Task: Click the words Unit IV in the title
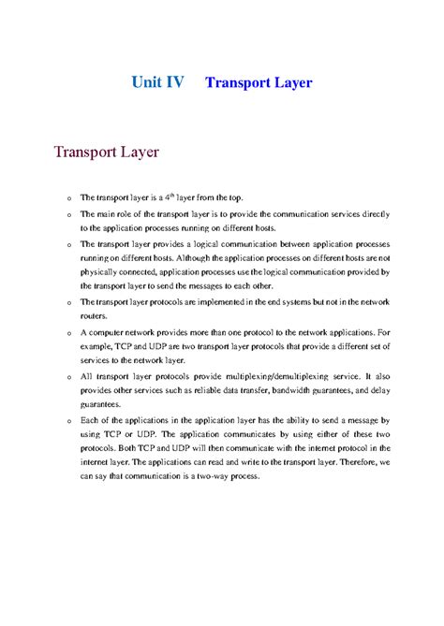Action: pos(157,82)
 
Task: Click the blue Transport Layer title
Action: pos(258,82)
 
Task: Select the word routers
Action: pos(95,317)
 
